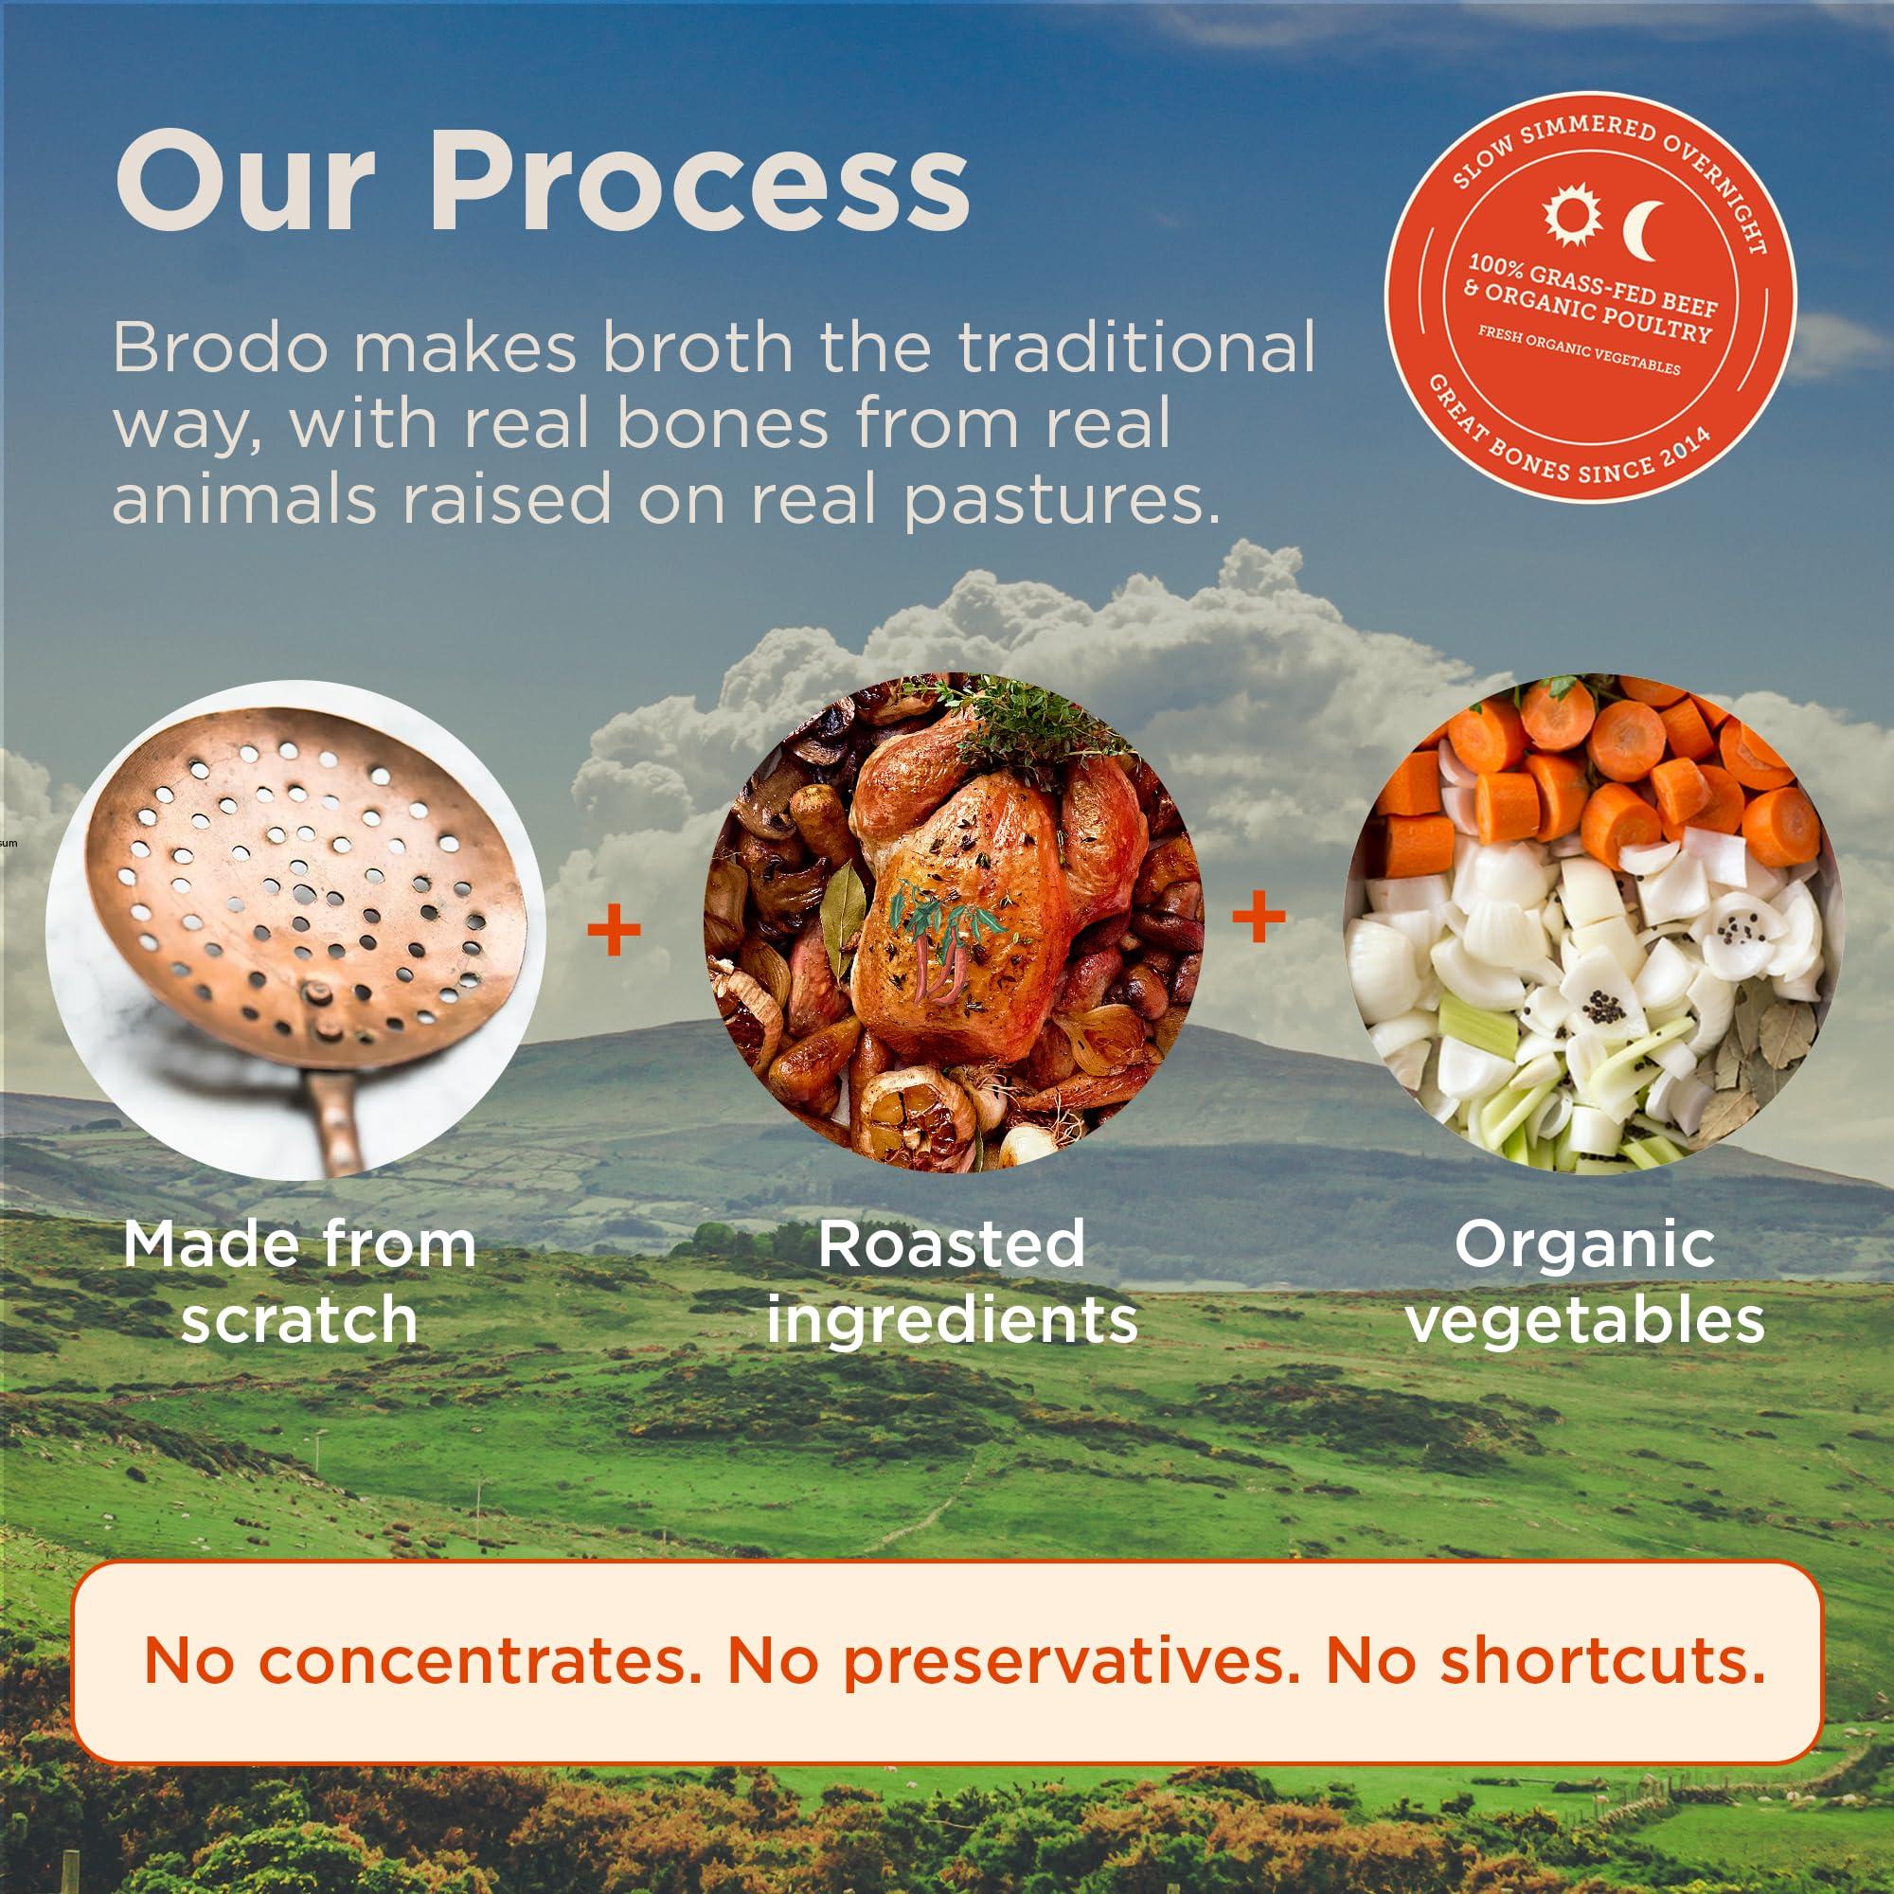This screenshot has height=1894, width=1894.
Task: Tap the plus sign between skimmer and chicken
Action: [614, 932]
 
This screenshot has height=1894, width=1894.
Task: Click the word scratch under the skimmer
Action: [299, 1318]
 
